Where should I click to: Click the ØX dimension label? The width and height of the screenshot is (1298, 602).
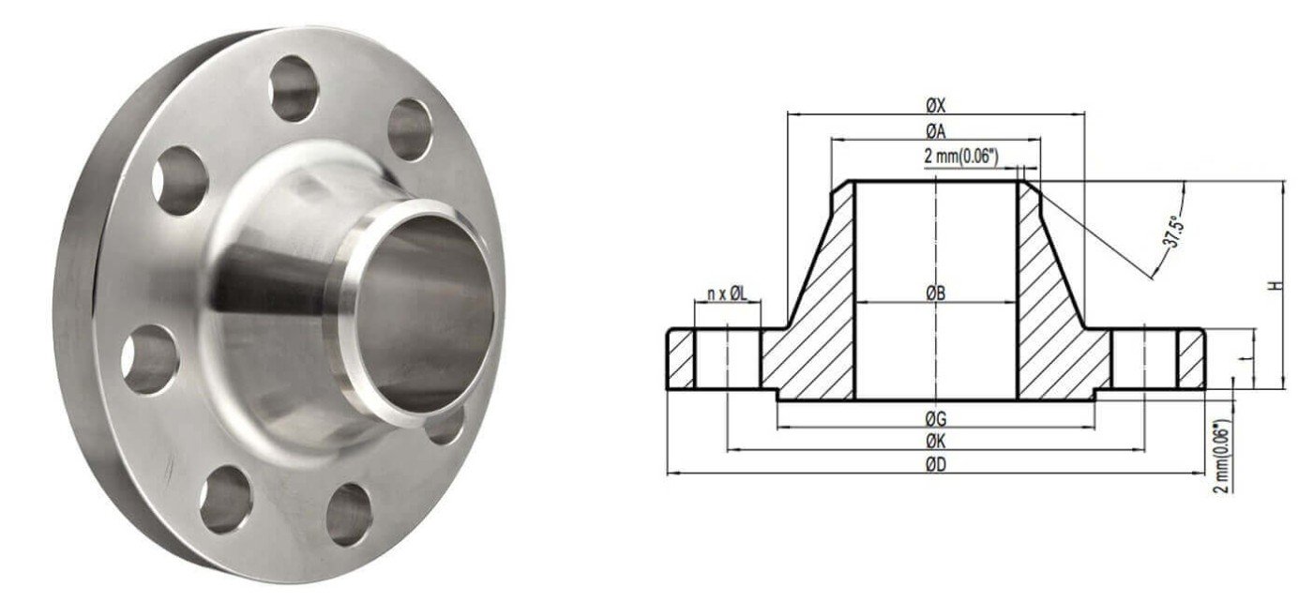click(x=935, y=106)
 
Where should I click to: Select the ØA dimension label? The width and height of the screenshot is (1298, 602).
click(x=935, y=132)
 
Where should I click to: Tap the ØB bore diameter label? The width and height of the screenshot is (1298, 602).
click(x=935, y=293)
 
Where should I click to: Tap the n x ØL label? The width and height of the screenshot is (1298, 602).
click(x=727, y=294)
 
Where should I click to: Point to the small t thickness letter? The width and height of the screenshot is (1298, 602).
click(x=1241, y=356)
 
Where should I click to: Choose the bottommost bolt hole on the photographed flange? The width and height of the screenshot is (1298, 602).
click(x=349, y=514)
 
